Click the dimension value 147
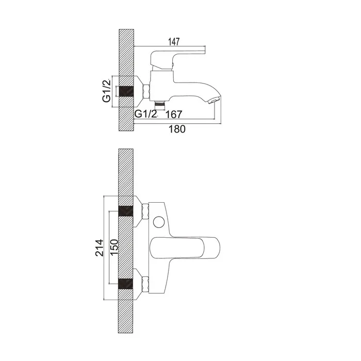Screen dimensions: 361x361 coord(174,42)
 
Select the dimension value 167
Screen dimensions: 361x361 coord(174,114)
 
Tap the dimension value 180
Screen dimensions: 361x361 coord(177,129)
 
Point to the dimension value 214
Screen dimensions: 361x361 coord(100,248)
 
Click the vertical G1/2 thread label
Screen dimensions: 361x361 coord(107,90)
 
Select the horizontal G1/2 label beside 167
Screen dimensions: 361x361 coord(145,114)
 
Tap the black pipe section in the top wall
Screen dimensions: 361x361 coord(126,91)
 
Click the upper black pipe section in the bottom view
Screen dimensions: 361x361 coord(126,211)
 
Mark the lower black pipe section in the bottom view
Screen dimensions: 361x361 coord(126,284)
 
